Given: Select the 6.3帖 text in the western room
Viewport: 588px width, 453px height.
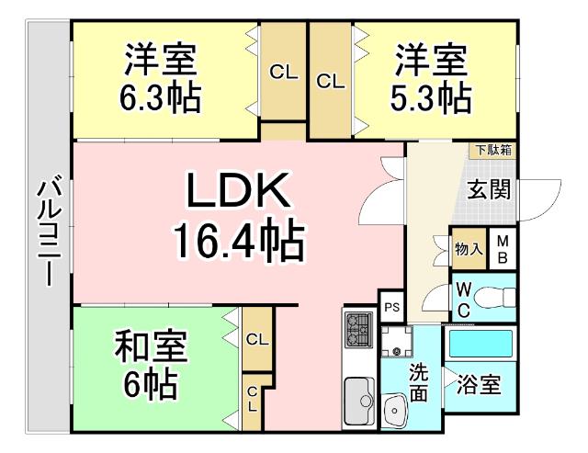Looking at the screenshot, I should click(160, 96).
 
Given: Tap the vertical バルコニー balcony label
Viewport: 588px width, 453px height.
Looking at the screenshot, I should click(48, 235).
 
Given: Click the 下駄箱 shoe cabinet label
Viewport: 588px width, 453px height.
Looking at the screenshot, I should click(494, 150).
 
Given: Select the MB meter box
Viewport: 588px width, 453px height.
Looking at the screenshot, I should click(503, 249).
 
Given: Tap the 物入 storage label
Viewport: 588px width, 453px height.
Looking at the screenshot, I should click(466, 248).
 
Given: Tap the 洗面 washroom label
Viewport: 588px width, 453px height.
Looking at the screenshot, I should click(419, 384).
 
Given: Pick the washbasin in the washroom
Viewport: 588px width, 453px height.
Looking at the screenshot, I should click(397, 404).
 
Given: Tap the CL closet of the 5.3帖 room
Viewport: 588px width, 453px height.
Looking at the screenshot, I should click(330, 81).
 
